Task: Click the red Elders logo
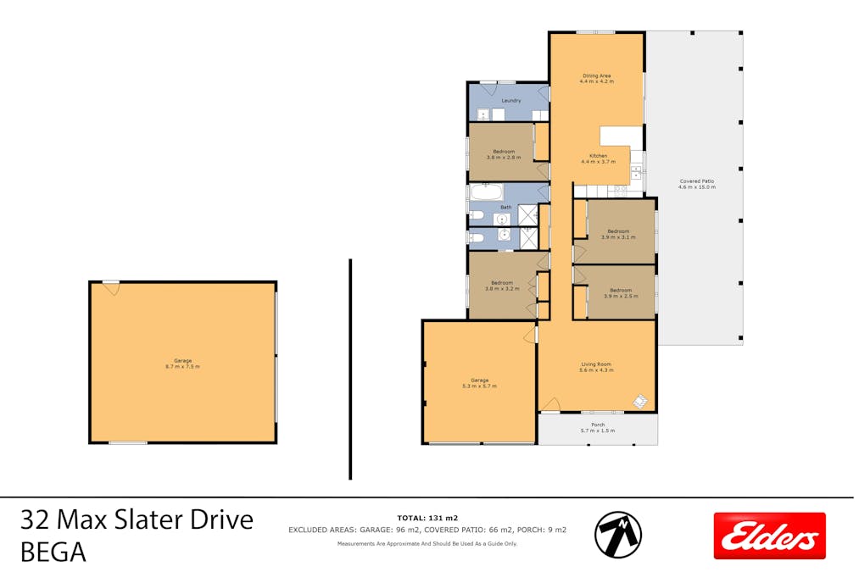769,536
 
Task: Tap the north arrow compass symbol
618,535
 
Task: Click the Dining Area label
596,78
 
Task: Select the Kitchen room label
599,158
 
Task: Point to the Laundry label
510,101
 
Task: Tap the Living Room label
595,366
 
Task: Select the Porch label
598,427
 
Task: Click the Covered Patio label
697,184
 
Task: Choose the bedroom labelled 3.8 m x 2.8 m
504,153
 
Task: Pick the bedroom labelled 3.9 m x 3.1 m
617,234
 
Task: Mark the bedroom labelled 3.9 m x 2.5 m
621,293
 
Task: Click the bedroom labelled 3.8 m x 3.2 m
501,285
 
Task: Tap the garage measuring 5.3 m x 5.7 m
479,382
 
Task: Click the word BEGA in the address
53,553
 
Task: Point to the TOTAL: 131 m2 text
427,518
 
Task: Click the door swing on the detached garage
111,288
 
